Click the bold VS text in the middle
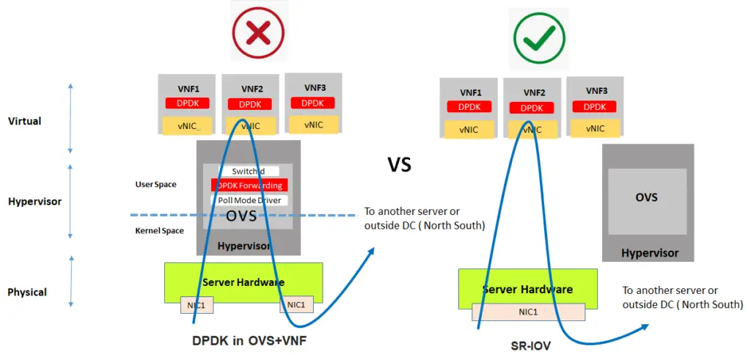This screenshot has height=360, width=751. click(399, 164)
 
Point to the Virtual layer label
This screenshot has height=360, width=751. click(24, 121)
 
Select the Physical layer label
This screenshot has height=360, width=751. click(27, 292)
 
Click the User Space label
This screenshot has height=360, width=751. click(155, 184)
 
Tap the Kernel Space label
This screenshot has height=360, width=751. click(159, 231)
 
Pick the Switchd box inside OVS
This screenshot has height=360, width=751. click(249, 171)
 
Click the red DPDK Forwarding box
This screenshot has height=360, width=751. click(249, 185)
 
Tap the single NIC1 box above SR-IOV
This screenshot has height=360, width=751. click(527, 312)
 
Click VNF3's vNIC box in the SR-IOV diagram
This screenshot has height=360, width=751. click(596, 128)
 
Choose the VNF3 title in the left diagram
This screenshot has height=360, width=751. click(312, 87)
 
